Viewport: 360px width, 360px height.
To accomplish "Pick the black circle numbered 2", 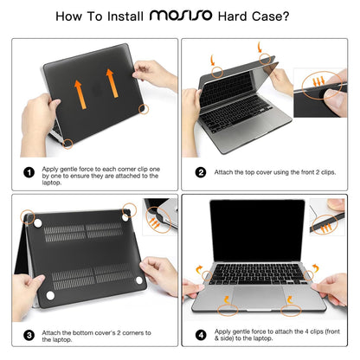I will (x=200, y=172).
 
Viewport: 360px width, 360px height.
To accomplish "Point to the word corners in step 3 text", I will (x=142, y=332).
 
